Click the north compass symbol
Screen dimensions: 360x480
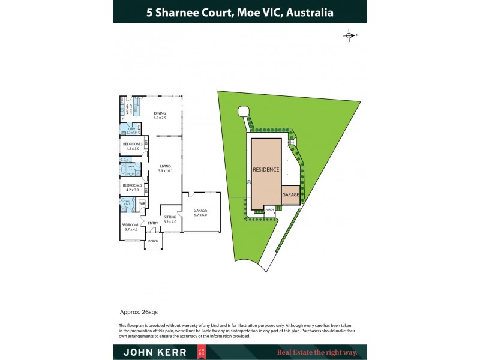pyautogui.click(x=349, y=36)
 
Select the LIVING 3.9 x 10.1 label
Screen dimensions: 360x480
pyautogui.click(x=165, y=168)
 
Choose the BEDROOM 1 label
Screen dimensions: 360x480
pyautogui.click(x=131, y=227)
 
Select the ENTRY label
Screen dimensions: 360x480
pyautogui.click(x=152, y=223)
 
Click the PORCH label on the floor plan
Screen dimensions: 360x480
pyautogui.click(x=153, y=241)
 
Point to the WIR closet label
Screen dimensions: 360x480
pyautogui.click(x=142, y=203)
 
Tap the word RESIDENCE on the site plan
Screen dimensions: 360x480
pyautogui.click(x=265, y=170)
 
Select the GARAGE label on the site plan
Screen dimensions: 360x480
pyautogui.click(x=290, y=195)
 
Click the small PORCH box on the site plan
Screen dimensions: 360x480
pyautogui.click(x=269, y=209)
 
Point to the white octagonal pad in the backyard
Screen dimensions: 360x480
pyautogui.click(x=243, y=111)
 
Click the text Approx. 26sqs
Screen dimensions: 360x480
pyautogui.click(x=139, y=312)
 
